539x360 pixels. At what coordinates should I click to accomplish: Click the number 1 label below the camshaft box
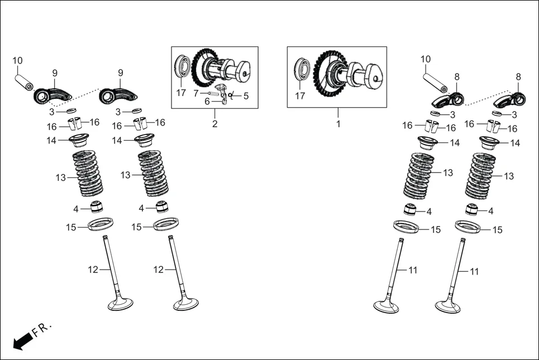coord(338,124)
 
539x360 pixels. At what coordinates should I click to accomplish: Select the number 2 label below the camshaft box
coord(214,124)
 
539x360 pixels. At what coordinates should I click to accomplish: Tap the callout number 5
coord(246,96)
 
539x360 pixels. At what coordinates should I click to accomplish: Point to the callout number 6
coord(207,102)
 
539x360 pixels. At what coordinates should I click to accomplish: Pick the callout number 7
coord(196,93)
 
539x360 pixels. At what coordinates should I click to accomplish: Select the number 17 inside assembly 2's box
coord(181,93)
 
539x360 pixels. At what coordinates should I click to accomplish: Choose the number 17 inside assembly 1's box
coord(300,96)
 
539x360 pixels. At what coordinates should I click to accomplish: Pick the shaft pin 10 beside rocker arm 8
coord(434,81)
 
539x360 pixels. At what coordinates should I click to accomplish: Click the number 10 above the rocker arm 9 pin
coord(17,60)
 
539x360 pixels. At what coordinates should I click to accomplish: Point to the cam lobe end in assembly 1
coord(373,75)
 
